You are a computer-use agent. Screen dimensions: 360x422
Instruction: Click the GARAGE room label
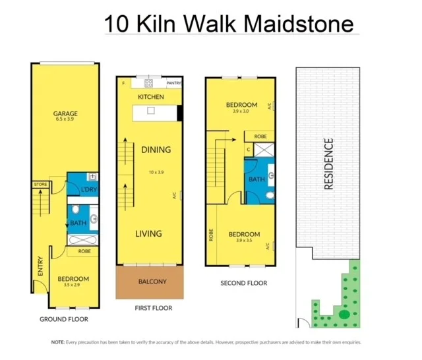(x=66, y=113)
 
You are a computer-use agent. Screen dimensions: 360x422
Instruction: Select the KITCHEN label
(x=151, y=97)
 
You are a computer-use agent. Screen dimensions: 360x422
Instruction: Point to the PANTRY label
(x=173, y=83)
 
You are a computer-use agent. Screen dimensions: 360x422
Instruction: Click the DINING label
(x=156, y=150)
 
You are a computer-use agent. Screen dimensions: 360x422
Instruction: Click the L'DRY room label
(x=89, y=191)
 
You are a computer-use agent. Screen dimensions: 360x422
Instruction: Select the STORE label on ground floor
(x=40, y=184)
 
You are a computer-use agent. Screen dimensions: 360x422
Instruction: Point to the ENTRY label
(x=41, y=266)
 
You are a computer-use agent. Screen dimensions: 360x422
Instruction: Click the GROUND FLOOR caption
(x=63, y=319)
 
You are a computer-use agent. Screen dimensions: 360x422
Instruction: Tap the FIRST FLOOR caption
(x=152, y=308)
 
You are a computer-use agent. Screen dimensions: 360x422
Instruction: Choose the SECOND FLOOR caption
(x=244, y=283)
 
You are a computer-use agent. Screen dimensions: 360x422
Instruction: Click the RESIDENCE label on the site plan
(x=328, y=164)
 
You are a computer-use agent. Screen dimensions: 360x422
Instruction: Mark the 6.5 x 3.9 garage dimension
(x=66, y=121)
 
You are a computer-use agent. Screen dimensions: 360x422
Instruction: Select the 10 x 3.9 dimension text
(x=156, y=172)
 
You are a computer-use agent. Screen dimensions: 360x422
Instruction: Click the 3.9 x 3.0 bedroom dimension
(x=241, y=111)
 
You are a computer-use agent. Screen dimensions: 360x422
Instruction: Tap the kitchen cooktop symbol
(x=148, y=83)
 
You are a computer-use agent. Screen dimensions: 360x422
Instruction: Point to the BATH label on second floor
(x=256, y=179)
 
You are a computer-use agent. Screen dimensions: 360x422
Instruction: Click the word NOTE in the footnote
(x=57, y=342)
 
